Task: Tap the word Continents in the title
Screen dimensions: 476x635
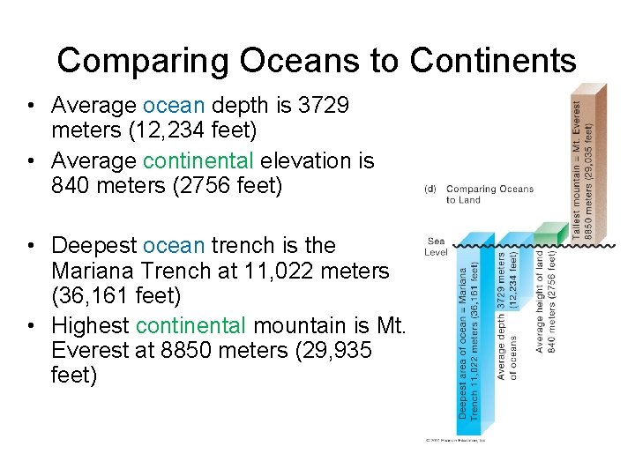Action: click(494, 60)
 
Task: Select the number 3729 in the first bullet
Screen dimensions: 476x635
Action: click(324, 106)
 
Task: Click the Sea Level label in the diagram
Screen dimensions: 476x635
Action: click(437, 246)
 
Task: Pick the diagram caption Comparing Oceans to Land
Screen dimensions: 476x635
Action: click(489, 194)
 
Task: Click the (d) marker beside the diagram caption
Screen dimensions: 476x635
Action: click(431, 189)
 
